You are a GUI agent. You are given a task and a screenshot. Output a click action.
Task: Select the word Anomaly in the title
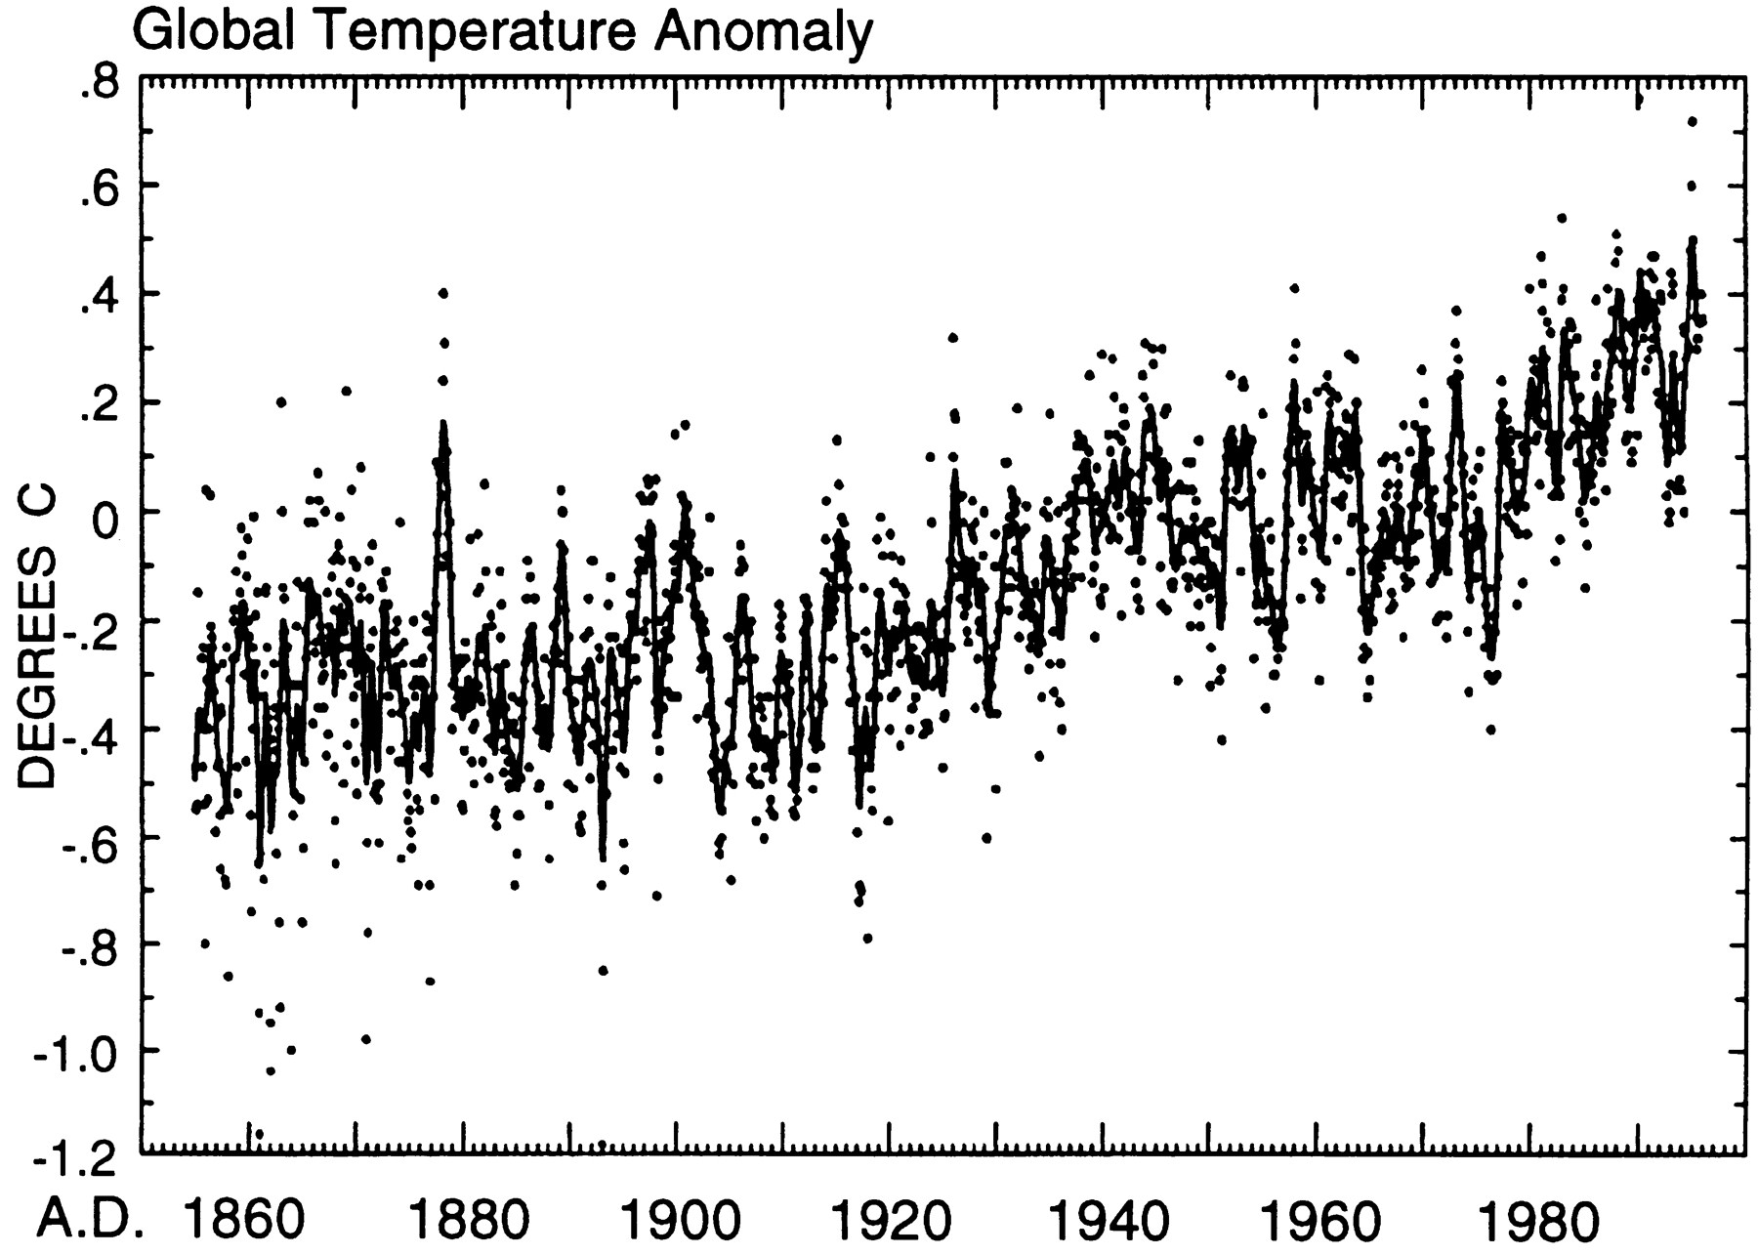[763, 33]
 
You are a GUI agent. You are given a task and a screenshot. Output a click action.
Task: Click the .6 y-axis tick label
[99, 187]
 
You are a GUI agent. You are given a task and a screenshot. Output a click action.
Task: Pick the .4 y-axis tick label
[99, 294]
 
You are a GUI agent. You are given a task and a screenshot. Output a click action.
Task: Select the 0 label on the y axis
[105, 511]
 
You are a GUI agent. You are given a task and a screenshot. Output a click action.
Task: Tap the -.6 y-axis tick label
[88, 838]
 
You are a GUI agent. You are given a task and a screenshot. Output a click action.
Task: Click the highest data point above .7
[1692, 121]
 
